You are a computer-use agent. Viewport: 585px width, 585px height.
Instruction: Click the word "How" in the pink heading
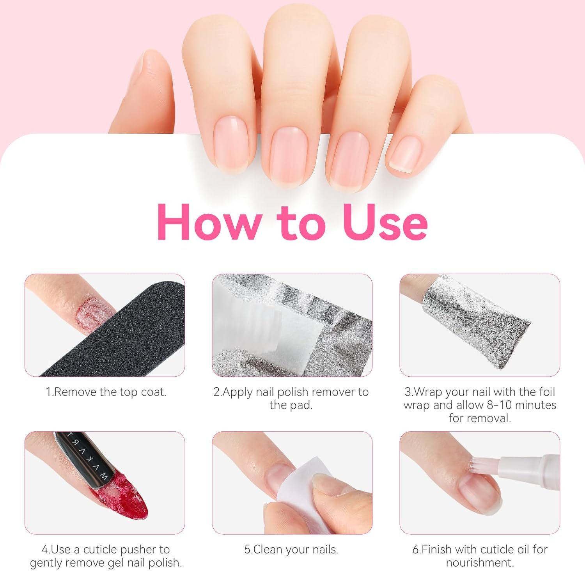click(209, 222)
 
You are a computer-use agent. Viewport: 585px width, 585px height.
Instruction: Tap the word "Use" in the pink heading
click(385, 222)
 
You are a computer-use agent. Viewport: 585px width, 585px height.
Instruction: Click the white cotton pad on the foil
click(300, 335)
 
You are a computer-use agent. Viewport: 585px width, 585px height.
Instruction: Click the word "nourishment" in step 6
click(480, 563)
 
